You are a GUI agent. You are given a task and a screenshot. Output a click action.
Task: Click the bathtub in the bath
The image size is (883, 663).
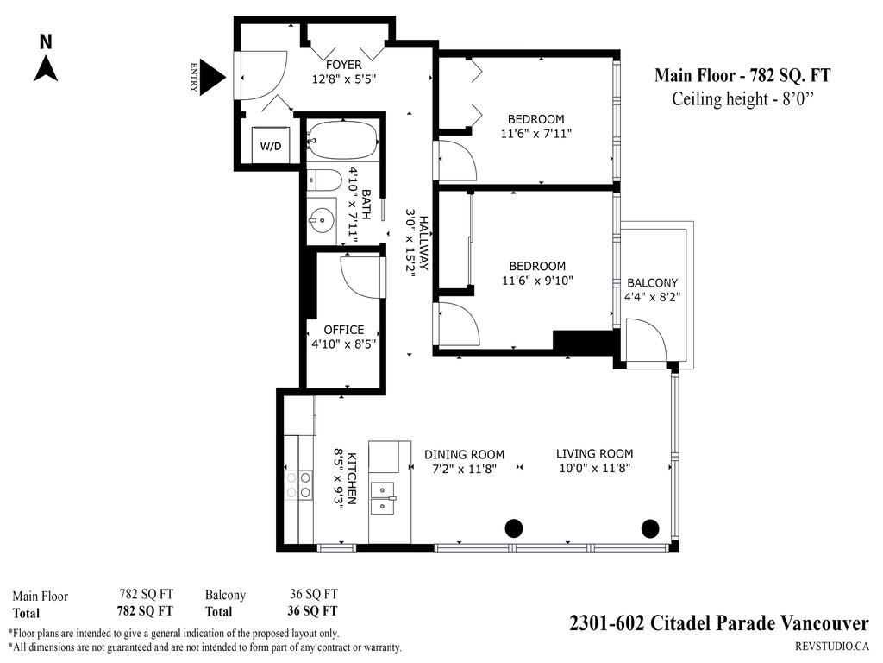(342, 140)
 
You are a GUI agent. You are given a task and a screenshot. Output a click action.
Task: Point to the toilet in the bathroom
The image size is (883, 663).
(324, 180)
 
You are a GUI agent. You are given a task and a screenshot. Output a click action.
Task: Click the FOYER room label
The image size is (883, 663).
(343, 65)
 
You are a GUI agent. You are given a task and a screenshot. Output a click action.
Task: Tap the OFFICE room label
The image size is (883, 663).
(343, 330)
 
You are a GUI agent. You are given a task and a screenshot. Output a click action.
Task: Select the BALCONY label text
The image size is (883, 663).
(652, 283)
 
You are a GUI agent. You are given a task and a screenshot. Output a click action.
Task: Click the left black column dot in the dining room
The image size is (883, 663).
(514, 527)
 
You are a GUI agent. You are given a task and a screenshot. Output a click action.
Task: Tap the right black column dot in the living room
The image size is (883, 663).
(650, 527)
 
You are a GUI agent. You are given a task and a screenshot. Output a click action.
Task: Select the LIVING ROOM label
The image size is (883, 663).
(594, 454)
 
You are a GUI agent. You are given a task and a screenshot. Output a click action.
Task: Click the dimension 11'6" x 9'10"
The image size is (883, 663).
(536, 281)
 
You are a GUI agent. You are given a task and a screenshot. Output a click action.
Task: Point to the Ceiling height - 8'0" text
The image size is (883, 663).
(742, 99)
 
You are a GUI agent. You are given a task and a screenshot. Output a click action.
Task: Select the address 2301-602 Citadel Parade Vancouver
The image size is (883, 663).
(718, 623)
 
